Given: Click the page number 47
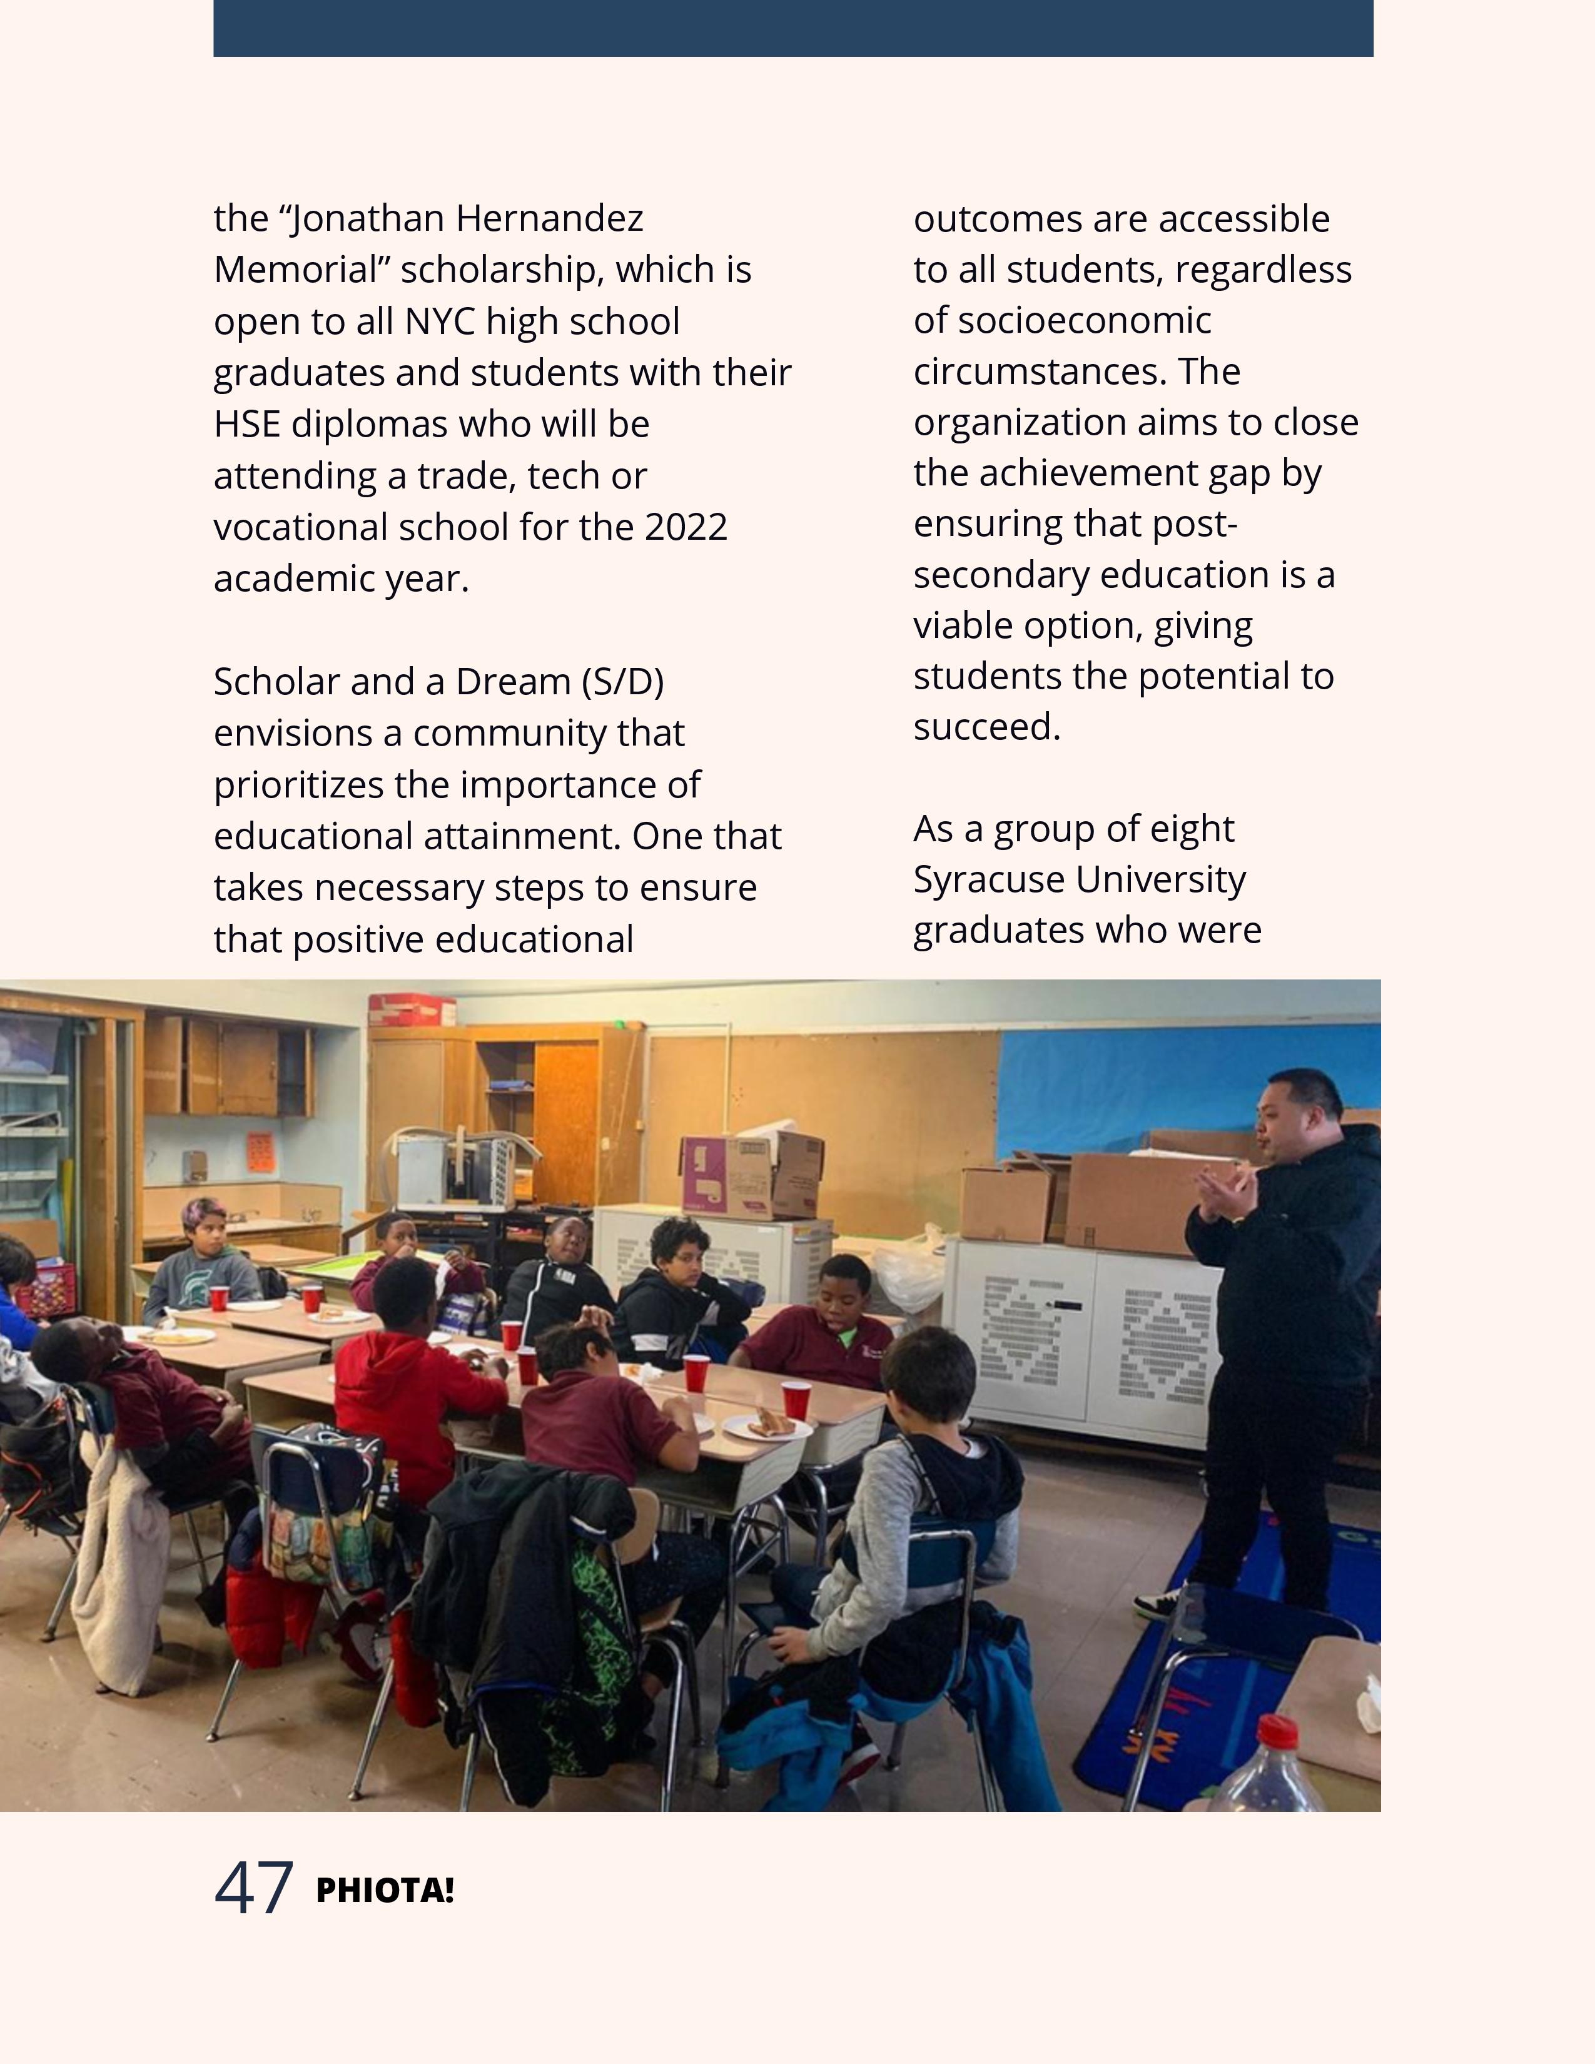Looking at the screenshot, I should [253, 1888].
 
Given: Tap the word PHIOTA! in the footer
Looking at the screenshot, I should [385, 1891].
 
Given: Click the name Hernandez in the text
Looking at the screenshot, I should [549, 220].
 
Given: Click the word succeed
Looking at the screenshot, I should [986, 727].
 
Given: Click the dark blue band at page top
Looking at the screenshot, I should [792, 28].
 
